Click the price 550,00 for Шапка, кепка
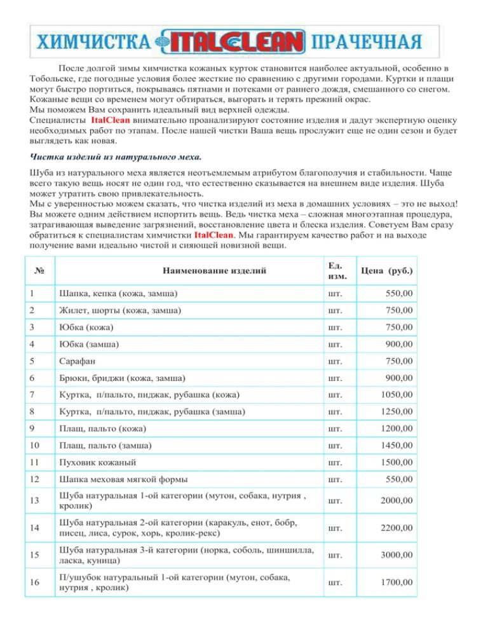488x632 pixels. tap(399, 293)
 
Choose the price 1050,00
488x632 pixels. tap(396, 395)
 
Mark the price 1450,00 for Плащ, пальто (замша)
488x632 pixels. tap(396, 444)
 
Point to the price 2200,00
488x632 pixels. tap(396, 527)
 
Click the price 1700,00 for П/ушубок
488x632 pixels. tap(396, 582)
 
